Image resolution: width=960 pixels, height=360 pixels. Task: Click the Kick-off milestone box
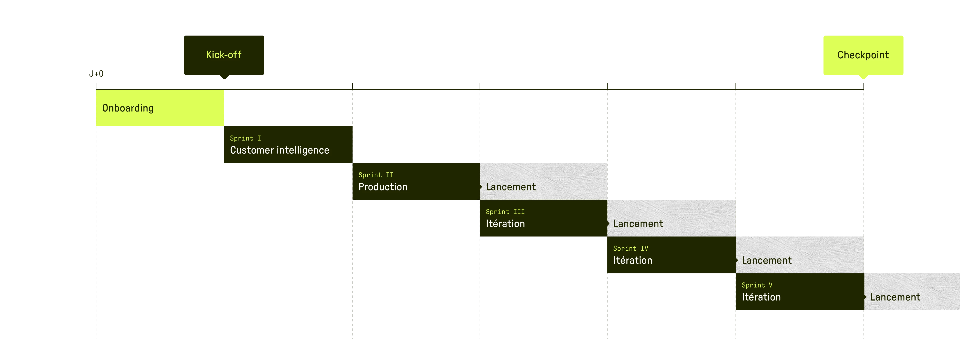(x=224, y=55)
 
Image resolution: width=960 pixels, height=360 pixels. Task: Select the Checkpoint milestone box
(x=863, y=55)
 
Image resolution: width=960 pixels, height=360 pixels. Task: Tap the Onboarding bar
(x=160, y=108)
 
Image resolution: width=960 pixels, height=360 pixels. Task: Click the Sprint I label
(x=245, y=138)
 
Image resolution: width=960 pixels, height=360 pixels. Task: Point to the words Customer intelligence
(x=280, y=150)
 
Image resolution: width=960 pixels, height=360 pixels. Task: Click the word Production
(x=383, y=187)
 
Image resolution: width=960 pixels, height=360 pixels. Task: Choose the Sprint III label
(x=505, y=212)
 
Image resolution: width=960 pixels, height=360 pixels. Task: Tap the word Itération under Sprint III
(x=505, y=224)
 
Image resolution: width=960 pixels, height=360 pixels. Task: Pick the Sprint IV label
(x=630, y=248)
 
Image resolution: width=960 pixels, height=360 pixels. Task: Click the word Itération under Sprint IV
(x=632, y=261)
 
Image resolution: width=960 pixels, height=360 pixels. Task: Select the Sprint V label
(x=757, y=285)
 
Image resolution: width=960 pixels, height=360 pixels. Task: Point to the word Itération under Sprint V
(x=761, y=297)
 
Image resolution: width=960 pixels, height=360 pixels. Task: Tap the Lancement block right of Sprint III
(x=672, y=218)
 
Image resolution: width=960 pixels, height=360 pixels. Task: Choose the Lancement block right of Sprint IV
(x=800, y=255)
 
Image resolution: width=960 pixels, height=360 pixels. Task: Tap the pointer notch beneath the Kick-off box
(x=224, y=77)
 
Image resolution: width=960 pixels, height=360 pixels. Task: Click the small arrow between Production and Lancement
(x=481, y=187)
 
